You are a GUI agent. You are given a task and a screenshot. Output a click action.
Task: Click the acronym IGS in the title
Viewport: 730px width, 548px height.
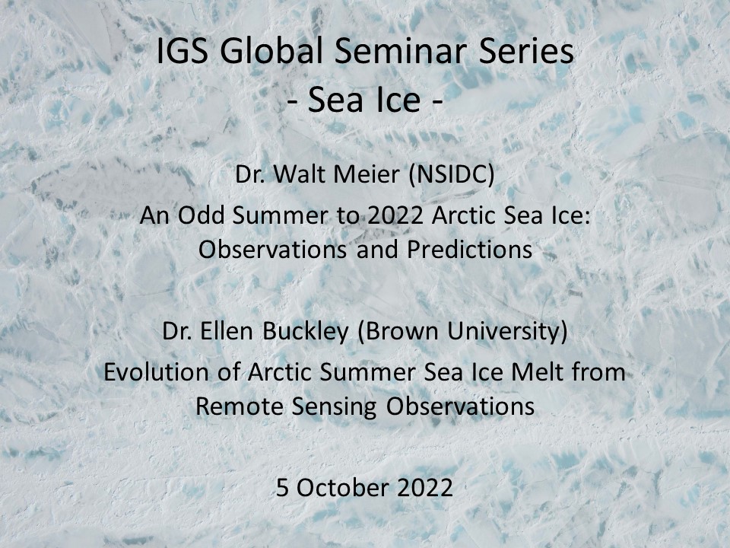[182, 51]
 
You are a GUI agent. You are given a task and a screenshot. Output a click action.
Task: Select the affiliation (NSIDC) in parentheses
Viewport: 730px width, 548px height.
[451, 175]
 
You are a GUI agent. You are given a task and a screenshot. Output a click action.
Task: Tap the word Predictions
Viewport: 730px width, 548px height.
[469, 250]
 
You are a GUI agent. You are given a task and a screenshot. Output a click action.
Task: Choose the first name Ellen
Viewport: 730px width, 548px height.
[227, 331]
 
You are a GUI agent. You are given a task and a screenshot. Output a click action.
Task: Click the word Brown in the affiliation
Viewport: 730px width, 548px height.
[398, 332]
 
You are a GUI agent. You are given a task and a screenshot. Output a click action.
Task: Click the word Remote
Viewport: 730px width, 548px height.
[240, 406]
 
